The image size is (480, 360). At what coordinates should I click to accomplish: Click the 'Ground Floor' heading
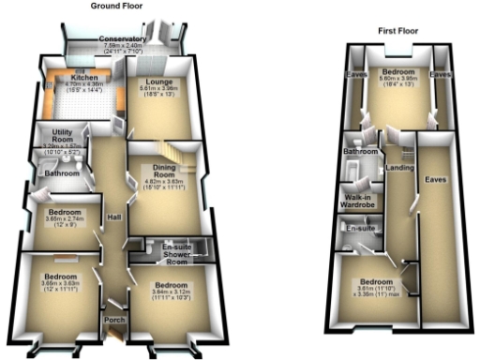point(116,6)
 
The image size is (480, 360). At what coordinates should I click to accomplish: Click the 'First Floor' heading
point(397,31)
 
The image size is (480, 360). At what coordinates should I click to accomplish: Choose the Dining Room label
point(164,172)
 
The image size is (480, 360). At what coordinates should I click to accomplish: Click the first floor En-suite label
point(360,228)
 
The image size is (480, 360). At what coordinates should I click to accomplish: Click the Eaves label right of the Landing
point(433,177)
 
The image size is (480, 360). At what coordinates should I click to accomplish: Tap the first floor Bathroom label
point(360,151)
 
